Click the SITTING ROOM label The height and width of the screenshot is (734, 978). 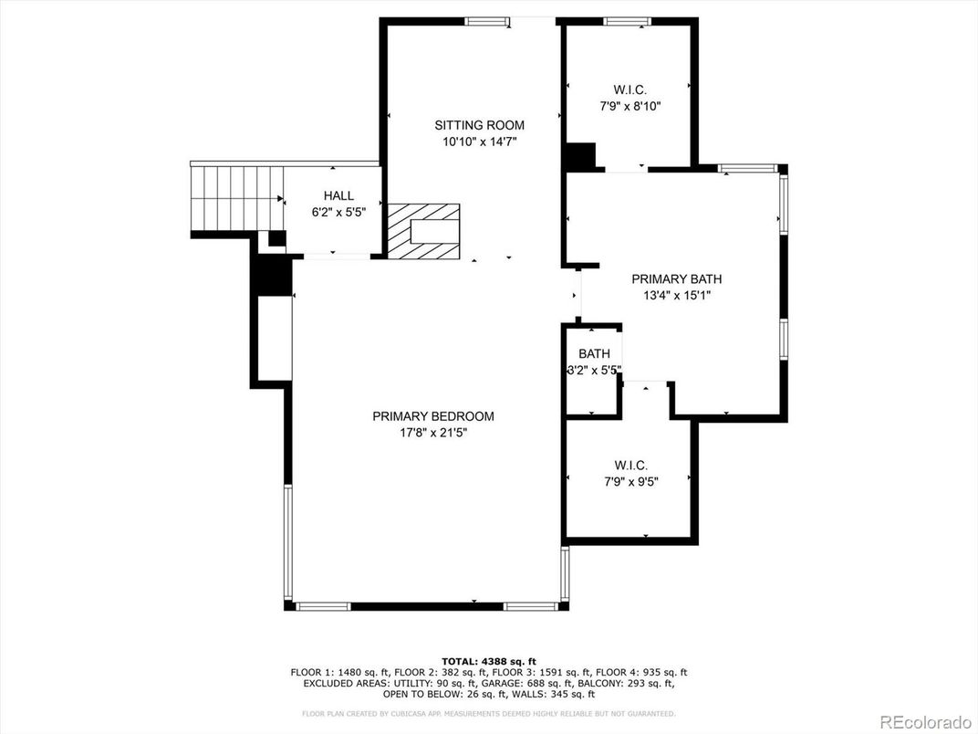point(480,125)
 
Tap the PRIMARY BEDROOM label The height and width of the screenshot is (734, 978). point(433,416)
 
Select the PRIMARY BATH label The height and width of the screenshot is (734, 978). point(677,279)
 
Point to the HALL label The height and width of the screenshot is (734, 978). point(338,195)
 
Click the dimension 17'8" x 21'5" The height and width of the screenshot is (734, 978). point(433,432)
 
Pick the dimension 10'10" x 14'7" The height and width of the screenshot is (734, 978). point(480,142)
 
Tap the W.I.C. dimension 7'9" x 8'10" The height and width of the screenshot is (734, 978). point(630,106)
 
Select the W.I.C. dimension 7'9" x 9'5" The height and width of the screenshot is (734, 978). point(630,481)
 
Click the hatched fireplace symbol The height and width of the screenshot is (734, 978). point(423,230)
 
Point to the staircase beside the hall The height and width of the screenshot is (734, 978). point(237,197)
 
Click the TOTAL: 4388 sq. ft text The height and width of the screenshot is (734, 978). point(489,661)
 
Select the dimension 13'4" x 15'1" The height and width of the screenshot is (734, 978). point(677,295)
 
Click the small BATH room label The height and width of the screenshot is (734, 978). point(594,354)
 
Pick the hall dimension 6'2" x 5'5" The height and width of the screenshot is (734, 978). point(338,212)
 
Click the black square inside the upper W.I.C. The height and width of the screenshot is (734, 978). point(580,156)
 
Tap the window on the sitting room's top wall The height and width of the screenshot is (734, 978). point(486,21)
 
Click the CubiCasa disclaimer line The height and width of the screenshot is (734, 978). point(489,713)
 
